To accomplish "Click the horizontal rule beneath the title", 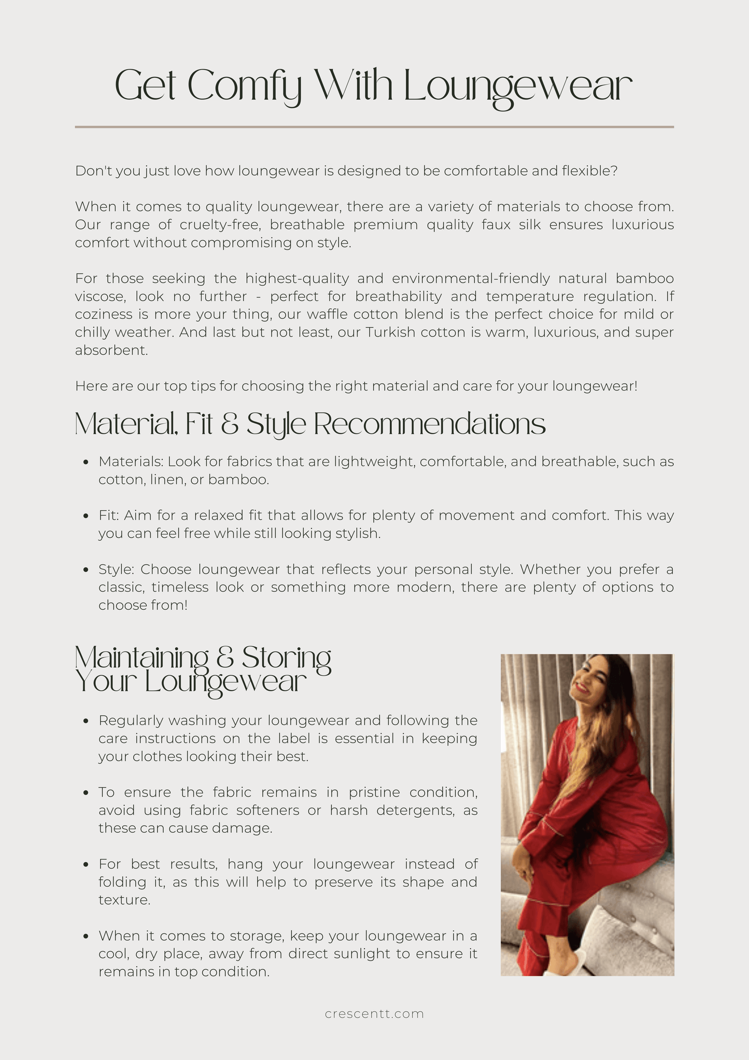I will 374,127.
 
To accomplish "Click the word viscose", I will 101,297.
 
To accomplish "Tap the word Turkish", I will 390,332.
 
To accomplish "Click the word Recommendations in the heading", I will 430,424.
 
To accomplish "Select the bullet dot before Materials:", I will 87,462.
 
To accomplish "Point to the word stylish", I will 357,534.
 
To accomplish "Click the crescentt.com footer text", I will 374,1013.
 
